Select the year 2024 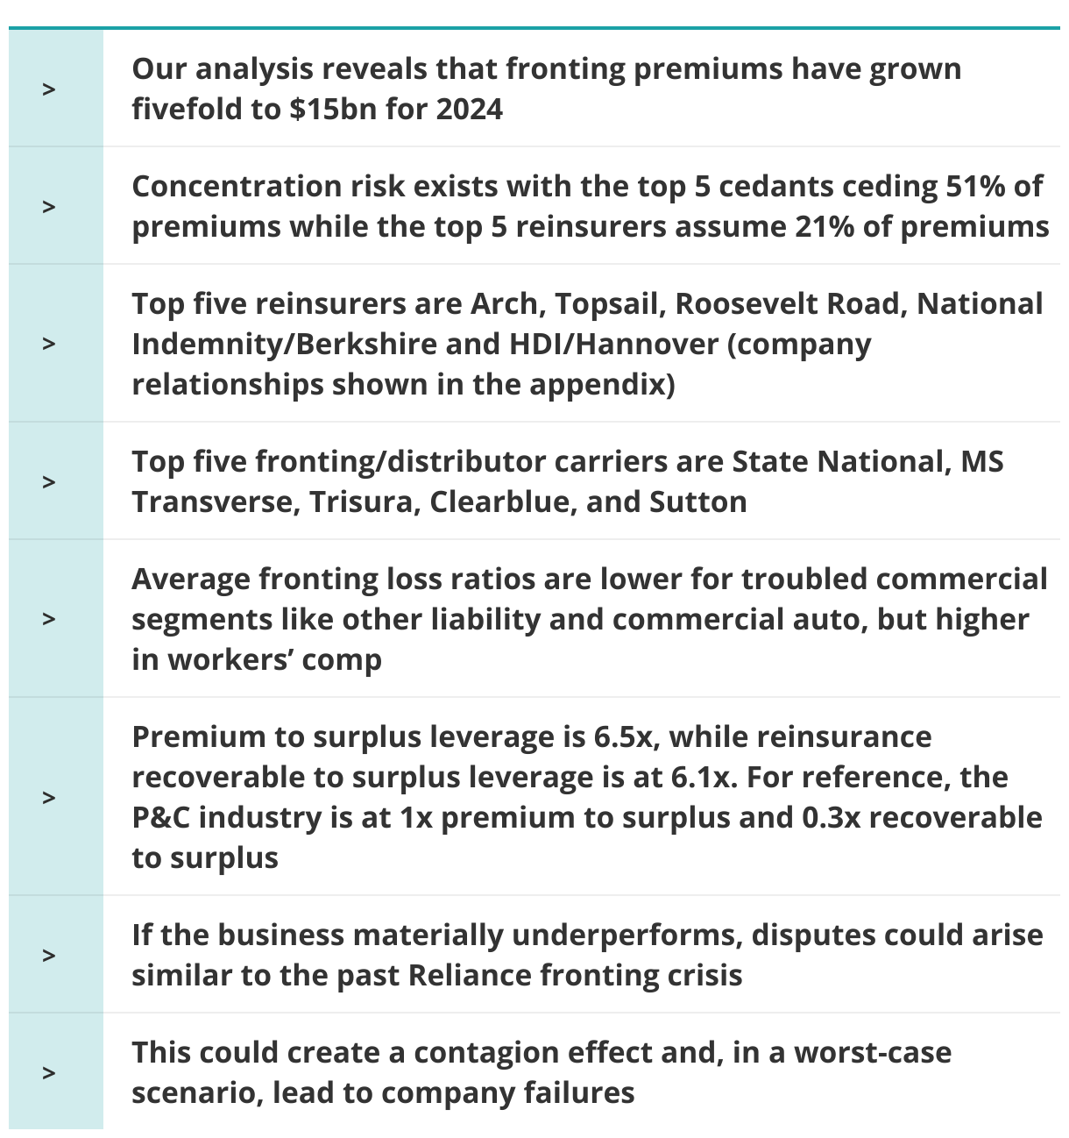(469, 110)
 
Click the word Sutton (697, 502)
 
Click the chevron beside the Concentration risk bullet (49, 207)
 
